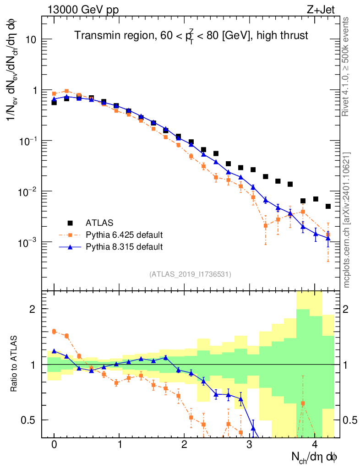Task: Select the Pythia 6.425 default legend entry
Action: coord(124,235)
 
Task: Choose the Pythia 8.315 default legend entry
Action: coord(124,247)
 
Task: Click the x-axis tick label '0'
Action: coord(54,445)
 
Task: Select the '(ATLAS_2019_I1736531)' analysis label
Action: coord(190,274)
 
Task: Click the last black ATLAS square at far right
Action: coord(328,207)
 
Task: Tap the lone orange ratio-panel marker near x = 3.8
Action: coord(302,404)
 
